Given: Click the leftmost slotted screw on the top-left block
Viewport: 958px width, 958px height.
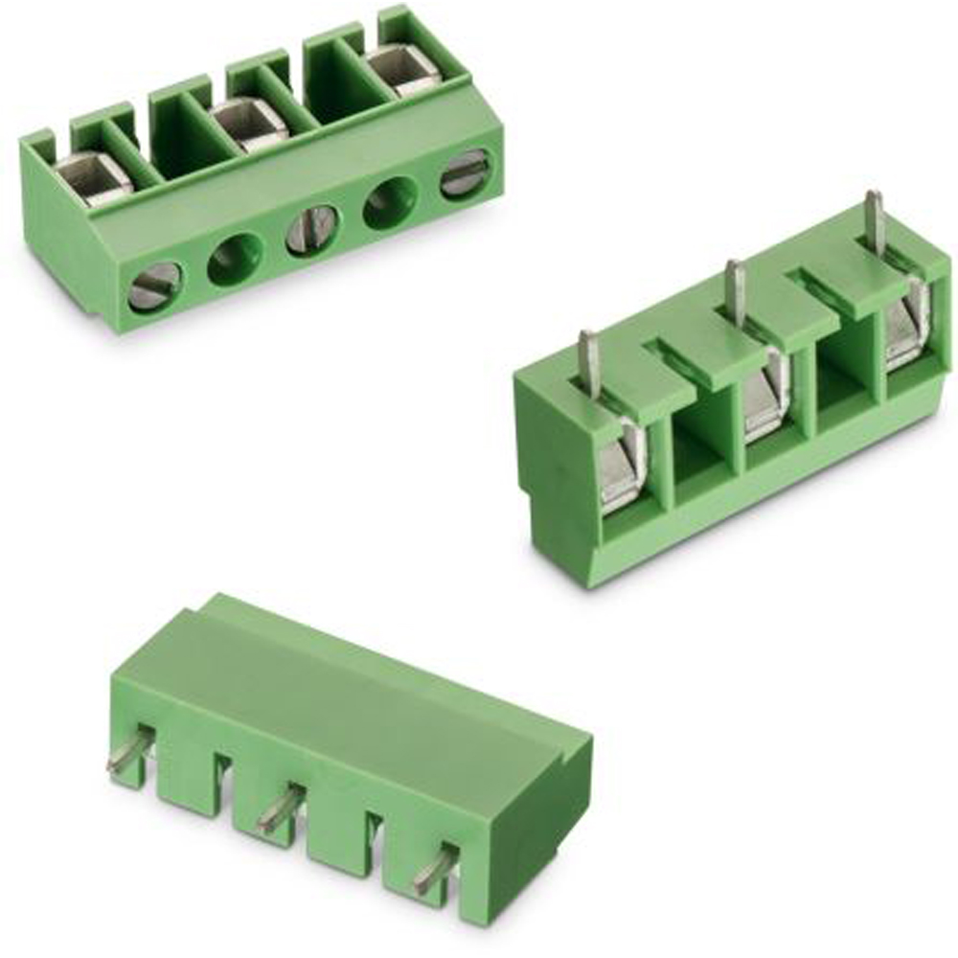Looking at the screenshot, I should (x=153, y=285).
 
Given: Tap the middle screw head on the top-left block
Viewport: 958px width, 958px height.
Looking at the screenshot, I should (x=311, y=231).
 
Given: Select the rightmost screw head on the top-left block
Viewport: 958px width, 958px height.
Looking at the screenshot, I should (x=466, y=174).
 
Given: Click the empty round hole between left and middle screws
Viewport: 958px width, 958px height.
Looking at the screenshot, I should (x=235, y=259).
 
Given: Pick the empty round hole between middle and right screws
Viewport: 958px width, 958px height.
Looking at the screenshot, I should (x=391, y=202).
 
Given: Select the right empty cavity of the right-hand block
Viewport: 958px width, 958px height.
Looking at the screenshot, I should (x=847, y=369).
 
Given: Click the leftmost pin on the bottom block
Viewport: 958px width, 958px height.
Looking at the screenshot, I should (x=128, y=749).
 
